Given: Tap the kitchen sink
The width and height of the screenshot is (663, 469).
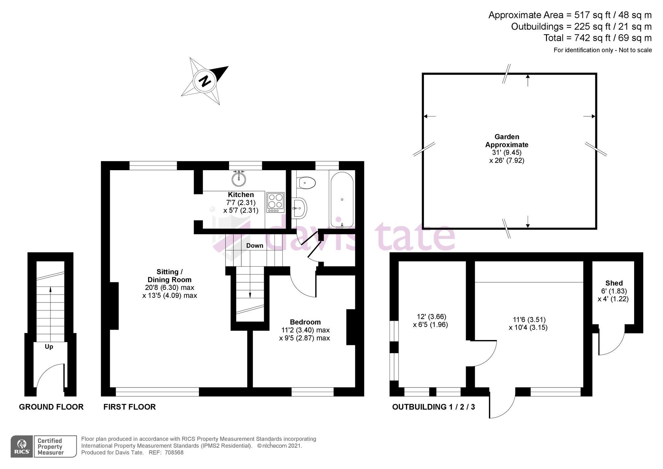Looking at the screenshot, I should pos(239,179).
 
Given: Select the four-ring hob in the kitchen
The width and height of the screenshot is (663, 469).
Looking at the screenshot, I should pos(275,202).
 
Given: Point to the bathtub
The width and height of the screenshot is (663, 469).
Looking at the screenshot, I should pos(342,200).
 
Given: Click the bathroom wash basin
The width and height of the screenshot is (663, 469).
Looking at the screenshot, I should pos(300,208).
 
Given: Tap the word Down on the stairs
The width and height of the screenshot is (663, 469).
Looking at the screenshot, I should pos(255,245).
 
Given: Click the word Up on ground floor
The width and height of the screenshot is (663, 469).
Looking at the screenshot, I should pos(49,347).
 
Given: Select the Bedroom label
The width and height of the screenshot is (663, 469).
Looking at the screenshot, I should pos(305,322).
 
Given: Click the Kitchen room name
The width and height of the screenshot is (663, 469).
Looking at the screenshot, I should pos(241,195).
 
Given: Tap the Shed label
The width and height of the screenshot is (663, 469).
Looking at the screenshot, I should pos(614,283).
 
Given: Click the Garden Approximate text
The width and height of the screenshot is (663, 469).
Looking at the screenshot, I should pos(507,141).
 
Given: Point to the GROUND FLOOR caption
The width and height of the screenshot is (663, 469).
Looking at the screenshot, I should pos(51,407).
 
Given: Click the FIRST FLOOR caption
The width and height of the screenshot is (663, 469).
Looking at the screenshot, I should pos(129,407).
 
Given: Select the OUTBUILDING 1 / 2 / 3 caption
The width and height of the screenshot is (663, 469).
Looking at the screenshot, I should pos(433,407).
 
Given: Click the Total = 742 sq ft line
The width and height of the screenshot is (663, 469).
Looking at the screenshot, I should pos(597,38).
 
